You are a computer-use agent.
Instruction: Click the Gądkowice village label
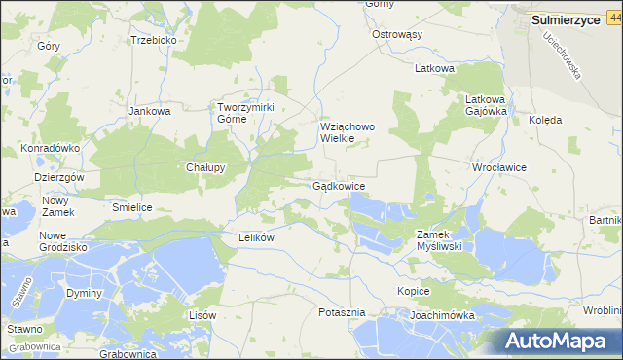point(339,186)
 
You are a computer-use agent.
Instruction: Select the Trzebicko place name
point(153,41)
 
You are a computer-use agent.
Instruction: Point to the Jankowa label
point(150,111)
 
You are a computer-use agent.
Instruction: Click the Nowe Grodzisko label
point(63,241)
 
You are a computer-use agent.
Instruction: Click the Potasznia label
point(342,312)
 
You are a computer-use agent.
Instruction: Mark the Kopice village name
point(414,292)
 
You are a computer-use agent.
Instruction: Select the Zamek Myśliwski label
point(445,240)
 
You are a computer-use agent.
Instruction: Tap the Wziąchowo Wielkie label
point(349,132)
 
